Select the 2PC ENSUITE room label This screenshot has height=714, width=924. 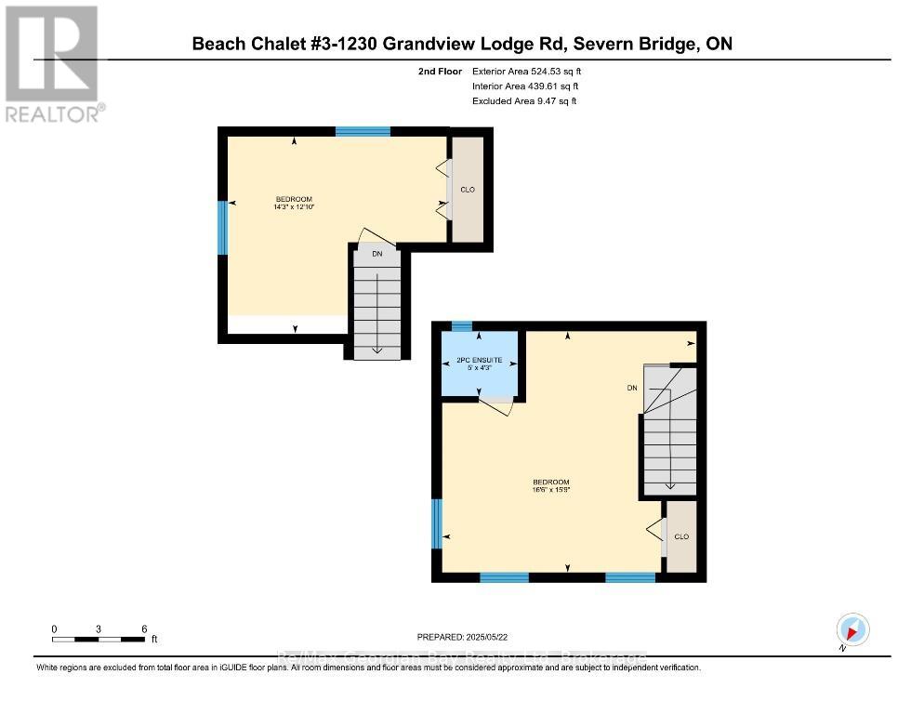479,360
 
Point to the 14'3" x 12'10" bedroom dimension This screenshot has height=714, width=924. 294,206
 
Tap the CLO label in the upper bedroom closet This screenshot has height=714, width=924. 468,190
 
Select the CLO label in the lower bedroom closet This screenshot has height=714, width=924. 681,536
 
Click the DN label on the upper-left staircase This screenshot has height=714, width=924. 376,254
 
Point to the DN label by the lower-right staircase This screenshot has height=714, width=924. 632,388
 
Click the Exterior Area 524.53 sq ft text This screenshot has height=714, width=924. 527,71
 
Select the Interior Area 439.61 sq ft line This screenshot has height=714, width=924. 525,86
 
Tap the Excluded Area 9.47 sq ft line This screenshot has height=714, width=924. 523,100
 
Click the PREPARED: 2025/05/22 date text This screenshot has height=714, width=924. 462,637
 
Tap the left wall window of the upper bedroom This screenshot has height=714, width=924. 223,229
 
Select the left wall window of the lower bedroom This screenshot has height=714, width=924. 437,523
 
